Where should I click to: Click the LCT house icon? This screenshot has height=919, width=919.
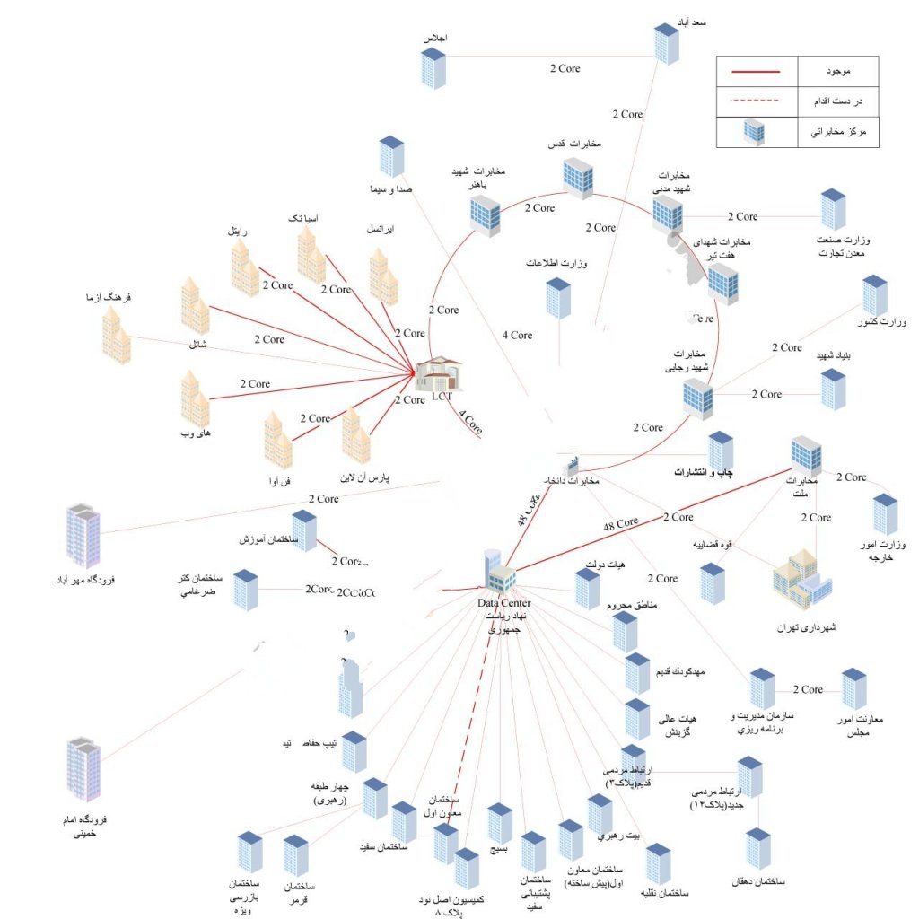click(x=439, y=376)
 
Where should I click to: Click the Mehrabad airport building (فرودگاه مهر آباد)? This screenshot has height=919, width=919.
click(x=83, y=536)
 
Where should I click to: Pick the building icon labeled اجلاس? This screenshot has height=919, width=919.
click(x=433, y=67)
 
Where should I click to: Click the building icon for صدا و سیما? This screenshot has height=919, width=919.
click(x=391, y=156)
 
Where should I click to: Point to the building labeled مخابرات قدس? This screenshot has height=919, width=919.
click(x=578, y=177)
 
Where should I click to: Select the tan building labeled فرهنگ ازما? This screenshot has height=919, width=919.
click(x=116, y=334)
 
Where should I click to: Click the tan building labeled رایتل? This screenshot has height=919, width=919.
click(x=244, y=267)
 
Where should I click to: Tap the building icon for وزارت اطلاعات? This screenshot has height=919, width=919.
click(x=558, y=298)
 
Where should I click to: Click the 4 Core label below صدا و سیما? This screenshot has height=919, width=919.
click(x=517, y=335)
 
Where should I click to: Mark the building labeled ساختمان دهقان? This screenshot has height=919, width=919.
click(x=758, y=849)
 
